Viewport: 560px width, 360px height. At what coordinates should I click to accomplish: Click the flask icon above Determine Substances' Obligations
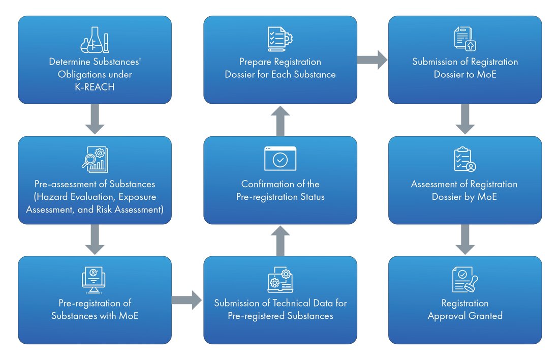95,40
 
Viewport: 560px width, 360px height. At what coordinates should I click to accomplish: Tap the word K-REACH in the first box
95,86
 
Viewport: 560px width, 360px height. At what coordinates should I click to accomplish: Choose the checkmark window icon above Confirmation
280,159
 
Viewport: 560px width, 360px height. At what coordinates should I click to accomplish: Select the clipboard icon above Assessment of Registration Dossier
465,159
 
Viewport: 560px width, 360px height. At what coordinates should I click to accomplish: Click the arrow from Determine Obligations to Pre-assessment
95,120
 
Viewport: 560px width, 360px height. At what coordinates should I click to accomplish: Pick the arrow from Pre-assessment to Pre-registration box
95,239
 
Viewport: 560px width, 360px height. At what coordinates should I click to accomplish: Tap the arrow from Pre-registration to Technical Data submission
186,300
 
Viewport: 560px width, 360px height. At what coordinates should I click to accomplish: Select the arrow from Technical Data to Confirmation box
280,241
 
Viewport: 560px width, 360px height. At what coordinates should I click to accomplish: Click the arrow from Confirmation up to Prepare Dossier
280,121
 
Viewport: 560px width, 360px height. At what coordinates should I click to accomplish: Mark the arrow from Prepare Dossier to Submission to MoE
372,59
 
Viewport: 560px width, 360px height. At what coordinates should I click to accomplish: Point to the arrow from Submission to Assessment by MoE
465,120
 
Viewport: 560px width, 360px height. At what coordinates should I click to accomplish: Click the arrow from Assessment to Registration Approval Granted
465,239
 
